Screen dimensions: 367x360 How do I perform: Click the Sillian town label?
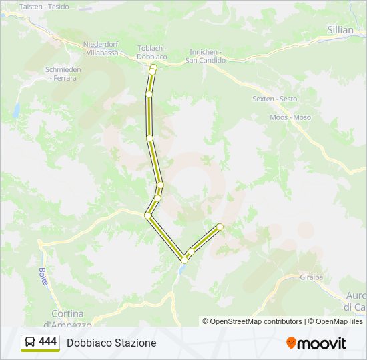(x=340, y=29)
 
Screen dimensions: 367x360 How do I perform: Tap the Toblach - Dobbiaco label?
(x=151, y=53)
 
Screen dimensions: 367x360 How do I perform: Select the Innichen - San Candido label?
(x=206, y=56)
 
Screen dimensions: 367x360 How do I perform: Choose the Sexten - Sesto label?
(x=274, y=99)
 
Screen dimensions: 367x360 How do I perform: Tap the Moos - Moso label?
(x=290, y=117)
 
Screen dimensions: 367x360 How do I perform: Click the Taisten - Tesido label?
(x=44, y=6)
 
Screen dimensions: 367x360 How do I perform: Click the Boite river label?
(x=44, y=276)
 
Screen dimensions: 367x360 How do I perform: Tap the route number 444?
(x=48, y=342)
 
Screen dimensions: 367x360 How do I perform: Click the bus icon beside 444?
(x=31, y=343)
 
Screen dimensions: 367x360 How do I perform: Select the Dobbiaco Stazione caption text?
(x=111, y=343)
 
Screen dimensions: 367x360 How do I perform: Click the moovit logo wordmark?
(x=322, y=343)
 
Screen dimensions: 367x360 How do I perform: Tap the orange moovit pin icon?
(x=291, y=343)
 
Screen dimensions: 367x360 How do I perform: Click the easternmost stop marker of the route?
(x=220, y=227)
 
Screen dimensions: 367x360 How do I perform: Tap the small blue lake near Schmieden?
(x=15, y=110)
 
